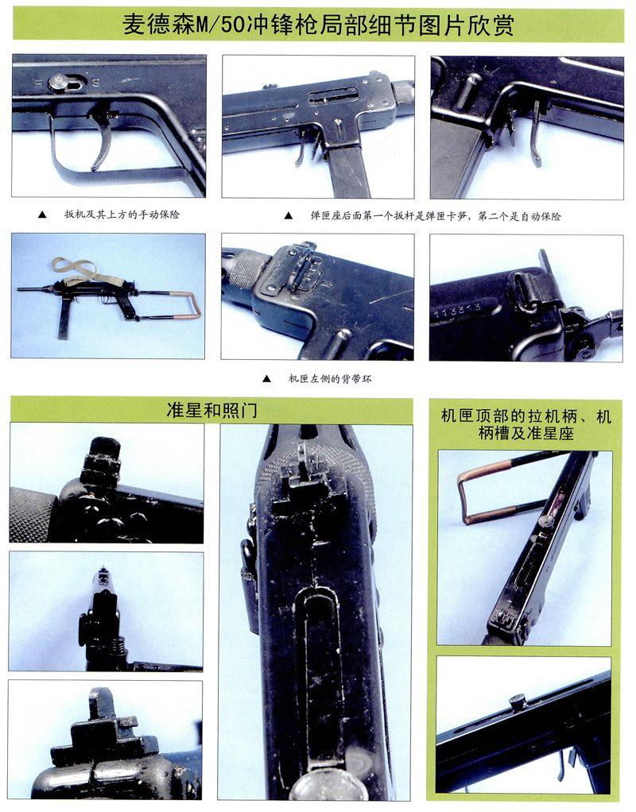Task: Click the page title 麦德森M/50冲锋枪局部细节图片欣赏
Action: pos(318,24)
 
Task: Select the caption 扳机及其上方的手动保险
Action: pos(122,214)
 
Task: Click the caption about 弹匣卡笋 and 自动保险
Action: pos(436,215)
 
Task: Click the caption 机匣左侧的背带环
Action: pos(330,378)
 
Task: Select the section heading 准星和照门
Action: pos(211,410)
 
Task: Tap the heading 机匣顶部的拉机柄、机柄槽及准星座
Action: pos(525,424)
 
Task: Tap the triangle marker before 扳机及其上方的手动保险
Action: pos(42,215)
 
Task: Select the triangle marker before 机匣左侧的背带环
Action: pos(266,378)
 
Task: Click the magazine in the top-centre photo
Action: pos(351,170)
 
